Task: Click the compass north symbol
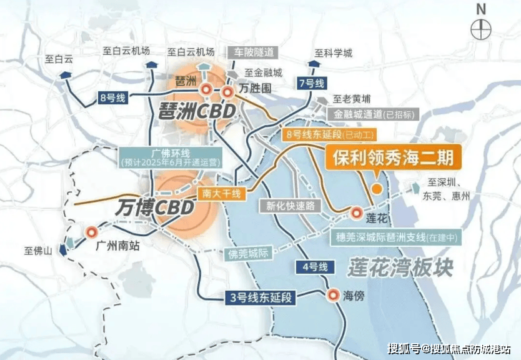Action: point(480,29)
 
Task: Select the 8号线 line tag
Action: point(112,97)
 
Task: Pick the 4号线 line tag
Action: point(314,267)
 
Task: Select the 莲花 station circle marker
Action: point(357,213)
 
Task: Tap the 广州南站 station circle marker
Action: point(91,232)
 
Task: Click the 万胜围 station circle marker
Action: point(228,92)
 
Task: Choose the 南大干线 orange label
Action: point(222,194)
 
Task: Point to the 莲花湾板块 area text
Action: point(400,267)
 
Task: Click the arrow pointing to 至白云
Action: point(66,74)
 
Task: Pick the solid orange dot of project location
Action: point(376,189)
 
